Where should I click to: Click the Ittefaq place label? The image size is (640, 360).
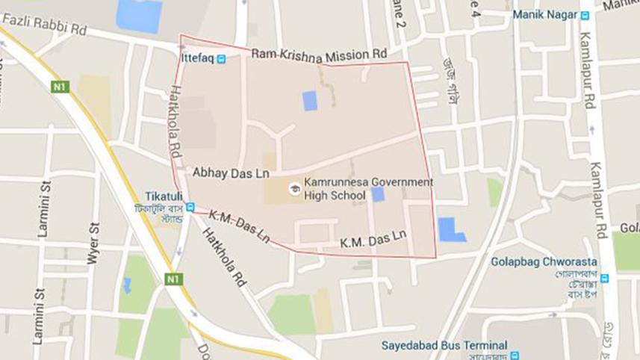tap(198, 58)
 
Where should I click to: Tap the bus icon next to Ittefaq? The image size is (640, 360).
tap(221, 58)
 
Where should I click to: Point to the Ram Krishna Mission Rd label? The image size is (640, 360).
tap(319, 54)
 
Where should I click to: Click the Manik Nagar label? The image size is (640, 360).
tap(544, 14)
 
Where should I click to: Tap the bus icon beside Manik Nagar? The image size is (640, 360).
tap(585, 14)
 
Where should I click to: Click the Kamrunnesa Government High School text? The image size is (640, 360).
tap(368, 188)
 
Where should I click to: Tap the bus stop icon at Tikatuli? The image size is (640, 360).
tap(190, 208)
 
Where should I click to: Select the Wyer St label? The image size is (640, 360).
tap(94, 243)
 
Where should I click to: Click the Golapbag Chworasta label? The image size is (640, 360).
tap(533, 262)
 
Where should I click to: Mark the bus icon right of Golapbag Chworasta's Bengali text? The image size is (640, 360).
tap(604, 279)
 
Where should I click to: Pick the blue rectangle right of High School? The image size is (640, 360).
tap(378, 194)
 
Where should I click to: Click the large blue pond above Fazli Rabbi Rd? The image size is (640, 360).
tap(140, 16)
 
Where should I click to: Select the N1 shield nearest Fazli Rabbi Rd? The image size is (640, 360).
tap(60, 87)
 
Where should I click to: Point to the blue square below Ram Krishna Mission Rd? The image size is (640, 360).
tap(310, 100)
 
